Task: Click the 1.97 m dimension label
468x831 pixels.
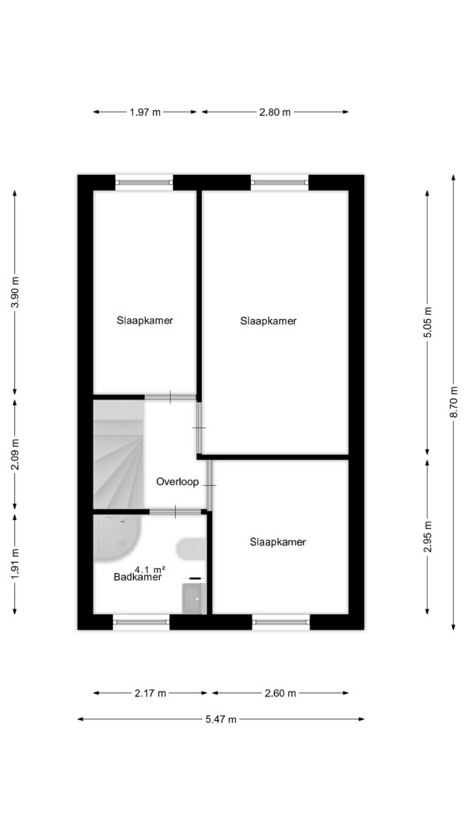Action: coord(145,112)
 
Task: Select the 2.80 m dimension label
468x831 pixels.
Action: coord(275,112)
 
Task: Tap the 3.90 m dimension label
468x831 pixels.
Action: coord(15,293)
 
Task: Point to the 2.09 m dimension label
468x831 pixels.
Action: coord(15,455)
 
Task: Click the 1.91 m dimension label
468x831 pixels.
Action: coord(15,563)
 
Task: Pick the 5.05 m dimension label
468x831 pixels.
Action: coord(428,322)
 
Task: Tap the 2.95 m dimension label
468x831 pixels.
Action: coord(428,537)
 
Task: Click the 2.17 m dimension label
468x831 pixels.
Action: coord(150,693)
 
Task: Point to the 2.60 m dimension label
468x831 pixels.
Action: coord(280,693)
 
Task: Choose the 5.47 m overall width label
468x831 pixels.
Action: coord(221,719)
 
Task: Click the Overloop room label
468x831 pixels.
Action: coord(177,482)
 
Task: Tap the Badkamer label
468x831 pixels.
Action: coord(138,578)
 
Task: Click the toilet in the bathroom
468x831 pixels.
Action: coord(191,549)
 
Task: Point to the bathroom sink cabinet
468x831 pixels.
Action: coord(194,598)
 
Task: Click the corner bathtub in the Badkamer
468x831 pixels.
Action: coord(116,537)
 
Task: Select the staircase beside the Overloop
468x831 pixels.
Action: coord(119,454)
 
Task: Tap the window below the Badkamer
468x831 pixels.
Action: coord(141,622)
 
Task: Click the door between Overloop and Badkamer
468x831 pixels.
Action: coord(176,511)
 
